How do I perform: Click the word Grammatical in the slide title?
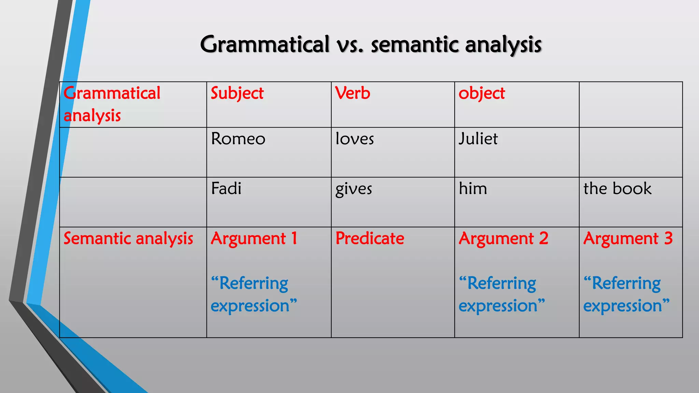(x=265, y=45)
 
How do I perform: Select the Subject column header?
(x=237, y=93)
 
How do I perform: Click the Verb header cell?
(x=353, y=93)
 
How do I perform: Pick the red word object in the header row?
(x=482, y=93)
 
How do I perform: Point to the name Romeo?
(x=238, y=139)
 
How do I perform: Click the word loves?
(x=355, y=139)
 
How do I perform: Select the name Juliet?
(x=478, y=139)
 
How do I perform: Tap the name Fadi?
(x=226, y=188)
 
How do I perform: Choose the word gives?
(x=354, y=189)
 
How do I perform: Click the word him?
(x=473, y=188)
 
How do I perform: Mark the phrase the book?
(x=617, y=188)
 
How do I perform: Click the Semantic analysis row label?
(x=128, y=238)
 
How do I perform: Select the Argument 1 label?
(x=254, y=238)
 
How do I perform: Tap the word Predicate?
(x=370, y=238)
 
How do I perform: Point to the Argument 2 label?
(x=503, y=238)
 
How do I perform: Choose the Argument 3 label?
(x=628, y=238)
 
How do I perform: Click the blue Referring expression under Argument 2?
(x=501, y=294)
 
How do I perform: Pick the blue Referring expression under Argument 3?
(x=626, y=294)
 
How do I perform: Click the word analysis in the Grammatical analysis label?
(x=92, y=116)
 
